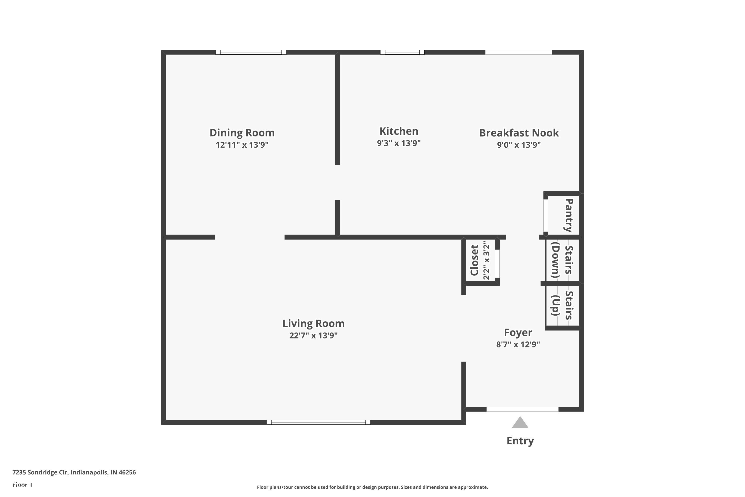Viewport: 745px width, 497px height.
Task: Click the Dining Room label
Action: pos(242,133)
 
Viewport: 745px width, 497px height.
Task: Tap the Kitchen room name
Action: pos(399,131)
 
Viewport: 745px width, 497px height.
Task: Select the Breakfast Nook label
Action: pos(519,133)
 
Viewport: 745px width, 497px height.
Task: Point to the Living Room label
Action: pos(313,324)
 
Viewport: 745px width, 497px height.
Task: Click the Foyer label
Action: pos(518,332)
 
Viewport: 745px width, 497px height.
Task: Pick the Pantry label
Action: pos(569,215)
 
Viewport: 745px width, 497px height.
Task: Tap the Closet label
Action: pos(474,260)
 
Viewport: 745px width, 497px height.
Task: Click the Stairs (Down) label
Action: pos(562,260)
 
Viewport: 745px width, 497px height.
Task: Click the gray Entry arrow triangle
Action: pos(520,423)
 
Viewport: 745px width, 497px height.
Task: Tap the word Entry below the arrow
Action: pos(520,441)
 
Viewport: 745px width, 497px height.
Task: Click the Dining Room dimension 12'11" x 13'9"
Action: pos(242,145)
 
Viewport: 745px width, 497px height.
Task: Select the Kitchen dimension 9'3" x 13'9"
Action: pos(399,143)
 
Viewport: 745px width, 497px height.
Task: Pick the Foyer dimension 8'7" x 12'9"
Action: pos(518,344)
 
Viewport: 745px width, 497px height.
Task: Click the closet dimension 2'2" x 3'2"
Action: pos(486,260)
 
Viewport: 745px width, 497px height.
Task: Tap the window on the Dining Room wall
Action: pos(251,52)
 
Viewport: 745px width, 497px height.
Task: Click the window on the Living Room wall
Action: pos(319,422)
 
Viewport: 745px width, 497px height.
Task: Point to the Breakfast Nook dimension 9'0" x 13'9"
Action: pos(519,145)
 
